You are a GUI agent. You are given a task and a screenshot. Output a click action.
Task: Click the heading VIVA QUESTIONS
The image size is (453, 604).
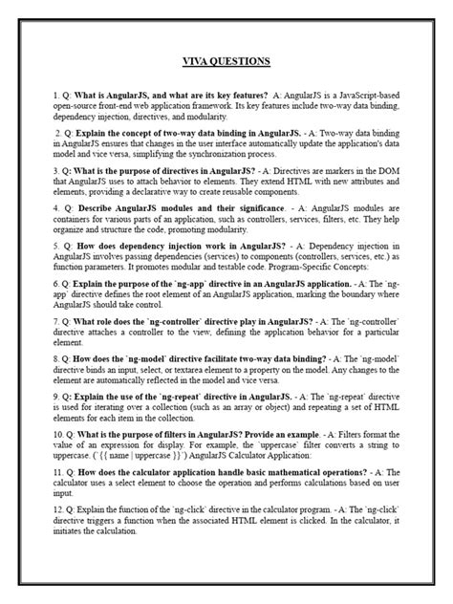[x=226, y=62]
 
